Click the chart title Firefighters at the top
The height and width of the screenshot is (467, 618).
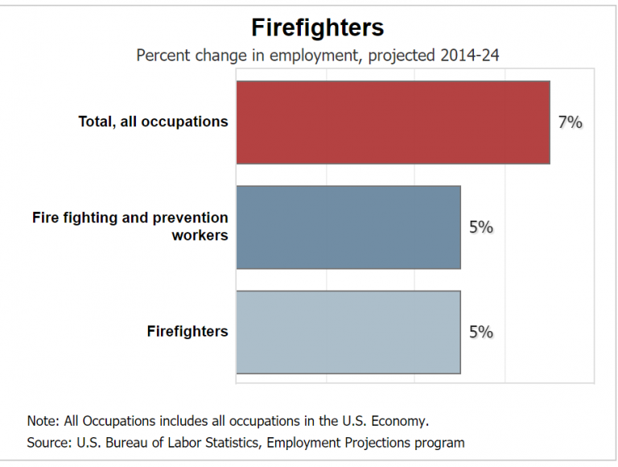click(317, 28)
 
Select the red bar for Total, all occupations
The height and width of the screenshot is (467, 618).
click(393, 122)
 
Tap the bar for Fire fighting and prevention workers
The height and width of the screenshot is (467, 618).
click(348, 227)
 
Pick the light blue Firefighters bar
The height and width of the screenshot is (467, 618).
click(348, 333)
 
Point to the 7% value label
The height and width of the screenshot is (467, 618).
click(570, 122)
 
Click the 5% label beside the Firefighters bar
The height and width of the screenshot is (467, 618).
click(480, 333)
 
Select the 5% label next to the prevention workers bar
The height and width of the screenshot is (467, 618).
click(480, 227)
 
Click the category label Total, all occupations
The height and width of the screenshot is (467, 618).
click(153, 122)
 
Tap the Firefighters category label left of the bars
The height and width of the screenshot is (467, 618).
click(187, 332)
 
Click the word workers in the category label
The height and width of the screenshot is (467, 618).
click(200, 236)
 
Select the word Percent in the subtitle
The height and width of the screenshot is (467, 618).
click(163, 56)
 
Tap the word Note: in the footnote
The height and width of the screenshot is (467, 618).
click(44, 420)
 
